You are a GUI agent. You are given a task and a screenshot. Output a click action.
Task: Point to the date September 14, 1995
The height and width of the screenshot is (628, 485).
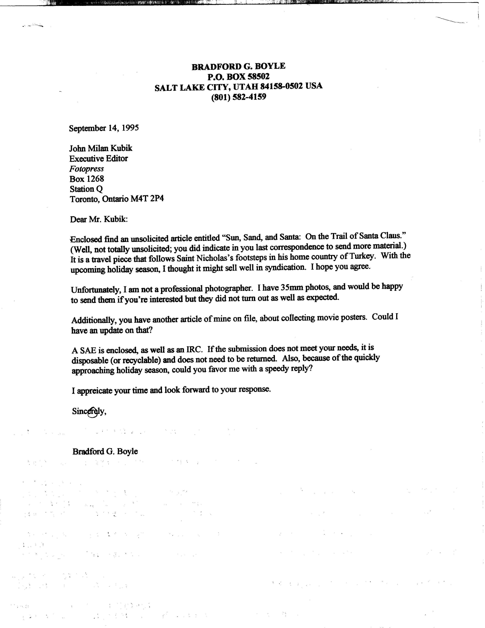[104, 128]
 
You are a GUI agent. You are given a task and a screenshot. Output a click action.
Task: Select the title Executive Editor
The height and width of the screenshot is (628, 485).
[99, 159]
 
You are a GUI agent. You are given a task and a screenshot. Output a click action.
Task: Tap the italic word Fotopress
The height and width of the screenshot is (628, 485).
[86, 169]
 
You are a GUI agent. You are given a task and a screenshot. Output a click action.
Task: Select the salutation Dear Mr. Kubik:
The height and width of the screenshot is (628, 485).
[99, 219]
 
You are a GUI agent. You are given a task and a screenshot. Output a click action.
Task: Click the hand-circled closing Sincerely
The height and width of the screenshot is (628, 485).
[89, 411]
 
